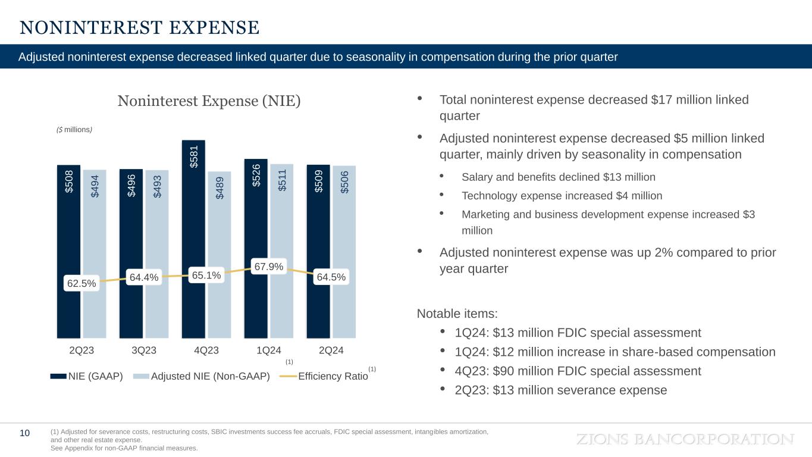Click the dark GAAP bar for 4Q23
tap(193, 238)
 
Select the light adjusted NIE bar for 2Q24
tap(344, 250)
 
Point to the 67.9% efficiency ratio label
tap(268, 266)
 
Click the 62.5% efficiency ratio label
tap(81, 284)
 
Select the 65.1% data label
tap(206, 276)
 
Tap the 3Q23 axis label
tap(143, 350)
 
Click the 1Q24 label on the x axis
tap(268, 350)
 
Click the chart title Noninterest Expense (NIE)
tap(209, 101)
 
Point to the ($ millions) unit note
tap(74, 129)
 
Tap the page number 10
tap(25, 433)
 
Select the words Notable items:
tap(457, 314)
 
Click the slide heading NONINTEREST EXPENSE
tap(139, 28)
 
